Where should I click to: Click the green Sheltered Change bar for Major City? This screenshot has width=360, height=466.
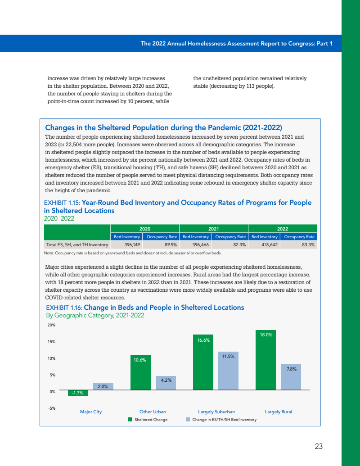pyautogui.click(x=78, y=393)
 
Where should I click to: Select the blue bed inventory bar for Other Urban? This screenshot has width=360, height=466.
pyautogui.click(x=166, y=383)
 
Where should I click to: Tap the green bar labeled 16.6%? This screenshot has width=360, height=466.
pyautogui.click(x=203, y=362)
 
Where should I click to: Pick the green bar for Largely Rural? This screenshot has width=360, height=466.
pyautogui.click(x=265, y=360)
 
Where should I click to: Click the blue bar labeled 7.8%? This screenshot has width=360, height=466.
pyautogui.click(x=291, y=377)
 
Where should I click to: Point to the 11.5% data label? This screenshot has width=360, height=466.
pyautogui.click(x=228, y=356)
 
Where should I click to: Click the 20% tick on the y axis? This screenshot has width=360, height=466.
pyautogui.click(x=51, y=325)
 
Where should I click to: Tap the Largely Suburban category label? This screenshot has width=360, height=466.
pyautogui.click(x=216, y=412)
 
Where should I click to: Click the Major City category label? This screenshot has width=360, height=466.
pyautogui.click(x=91, y=412)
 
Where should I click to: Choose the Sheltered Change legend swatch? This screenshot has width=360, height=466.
pyautogui.click(x=130, y=420)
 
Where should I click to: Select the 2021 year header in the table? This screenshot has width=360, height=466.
pyautogui.click(x=213, y=229)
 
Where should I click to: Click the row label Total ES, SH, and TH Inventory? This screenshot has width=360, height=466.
pyautogui.click(x=77, y=245)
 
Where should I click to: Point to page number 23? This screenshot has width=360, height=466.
pyautogui.click(x=319, y=447)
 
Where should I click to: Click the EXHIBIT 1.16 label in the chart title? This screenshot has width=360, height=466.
pyautogui.click(x=64, y=308)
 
